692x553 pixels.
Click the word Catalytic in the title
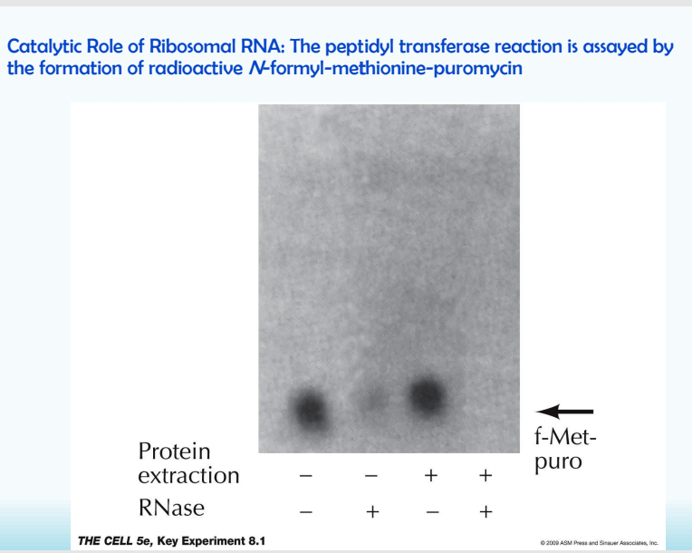click(43, 47)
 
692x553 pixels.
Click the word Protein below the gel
click(174, 451)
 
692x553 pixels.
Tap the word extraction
click(190, 475)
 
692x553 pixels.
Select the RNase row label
click(171, 508)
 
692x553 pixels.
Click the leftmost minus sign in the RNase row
click(306, 512)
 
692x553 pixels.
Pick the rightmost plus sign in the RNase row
click(485, 512)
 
